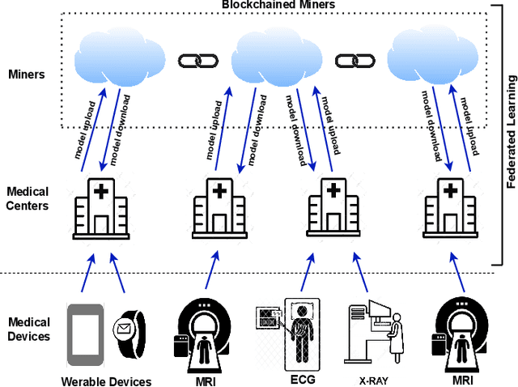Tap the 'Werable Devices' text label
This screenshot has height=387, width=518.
pos(106,381)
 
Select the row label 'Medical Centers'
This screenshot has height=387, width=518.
pos(28,199)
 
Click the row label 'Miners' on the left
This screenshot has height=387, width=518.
pos(26,74)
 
